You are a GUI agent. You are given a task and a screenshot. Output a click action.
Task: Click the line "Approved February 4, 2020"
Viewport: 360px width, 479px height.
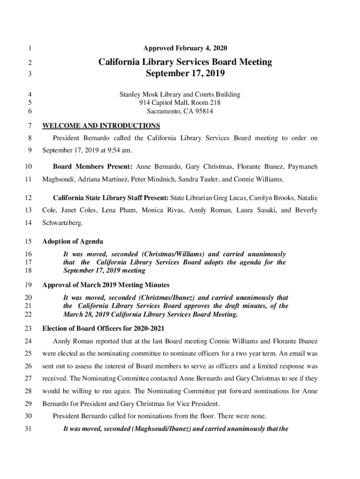tap(185, 48)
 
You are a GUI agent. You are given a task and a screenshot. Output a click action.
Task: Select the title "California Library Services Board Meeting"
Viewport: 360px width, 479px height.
tap(185, 62)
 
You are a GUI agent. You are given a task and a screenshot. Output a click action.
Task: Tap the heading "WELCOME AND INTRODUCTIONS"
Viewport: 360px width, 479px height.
tap(101, 126)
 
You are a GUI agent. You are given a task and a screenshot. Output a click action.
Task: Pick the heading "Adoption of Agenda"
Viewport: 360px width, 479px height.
tap(73, 242)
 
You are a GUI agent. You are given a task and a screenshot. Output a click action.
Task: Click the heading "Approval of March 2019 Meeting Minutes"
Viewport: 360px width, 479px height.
tap(106, 285)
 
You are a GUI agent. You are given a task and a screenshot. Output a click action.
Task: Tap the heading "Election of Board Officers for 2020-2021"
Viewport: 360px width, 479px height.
tap(103, 328)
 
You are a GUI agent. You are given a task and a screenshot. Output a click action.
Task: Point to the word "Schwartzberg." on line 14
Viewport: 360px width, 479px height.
tap(63, 223)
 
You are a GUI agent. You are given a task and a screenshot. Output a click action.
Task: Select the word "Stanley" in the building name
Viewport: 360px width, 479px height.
tap(131, 94)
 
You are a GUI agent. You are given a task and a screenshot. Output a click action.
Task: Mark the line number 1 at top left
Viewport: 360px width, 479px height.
tap(29, 48)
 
